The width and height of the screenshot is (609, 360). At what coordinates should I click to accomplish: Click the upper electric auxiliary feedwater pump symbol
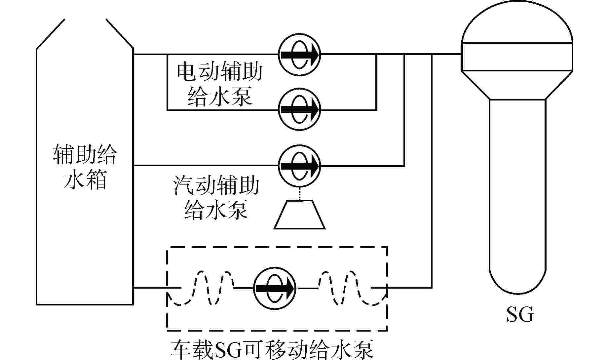tap(300, 54)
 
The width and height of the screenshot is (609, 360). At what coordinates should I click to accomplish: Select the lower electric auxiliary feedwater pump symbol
tap(300, 110)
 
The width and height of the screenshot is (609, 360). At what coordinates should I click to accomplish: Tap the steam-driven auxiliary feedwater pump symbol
tap(300, 166)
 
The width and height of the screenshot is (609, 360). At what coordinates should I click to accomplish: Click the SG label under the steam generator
tap(520, 315)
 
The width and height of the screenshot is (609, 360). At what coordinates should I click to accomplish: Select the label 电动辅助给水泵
tap(220, 85)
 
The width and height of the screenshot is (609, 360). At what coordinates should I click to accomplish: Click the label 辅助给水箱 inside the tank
tap(85, 167)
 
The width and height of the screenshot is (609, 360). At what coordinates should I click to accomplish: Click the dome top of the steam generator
tap(517, 26)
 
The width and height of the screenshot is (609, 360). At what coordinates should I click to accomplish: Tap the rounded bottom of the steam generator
tap(517, 281)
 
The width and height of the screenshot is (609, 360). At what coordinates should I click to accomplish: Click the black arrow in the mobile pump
tap(275, 288)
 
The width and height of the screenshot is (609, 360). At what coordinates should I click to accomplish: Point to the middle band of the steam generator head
tap(517, 57)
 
